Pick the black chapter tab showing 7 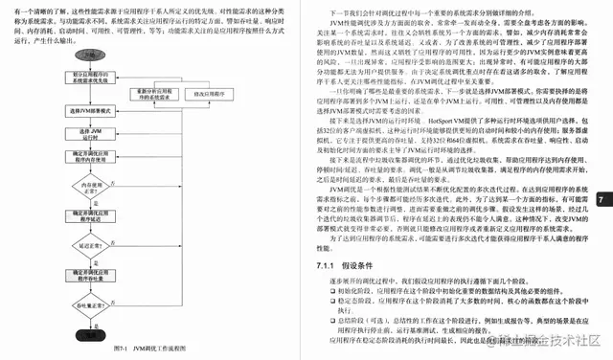[600, 199]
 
